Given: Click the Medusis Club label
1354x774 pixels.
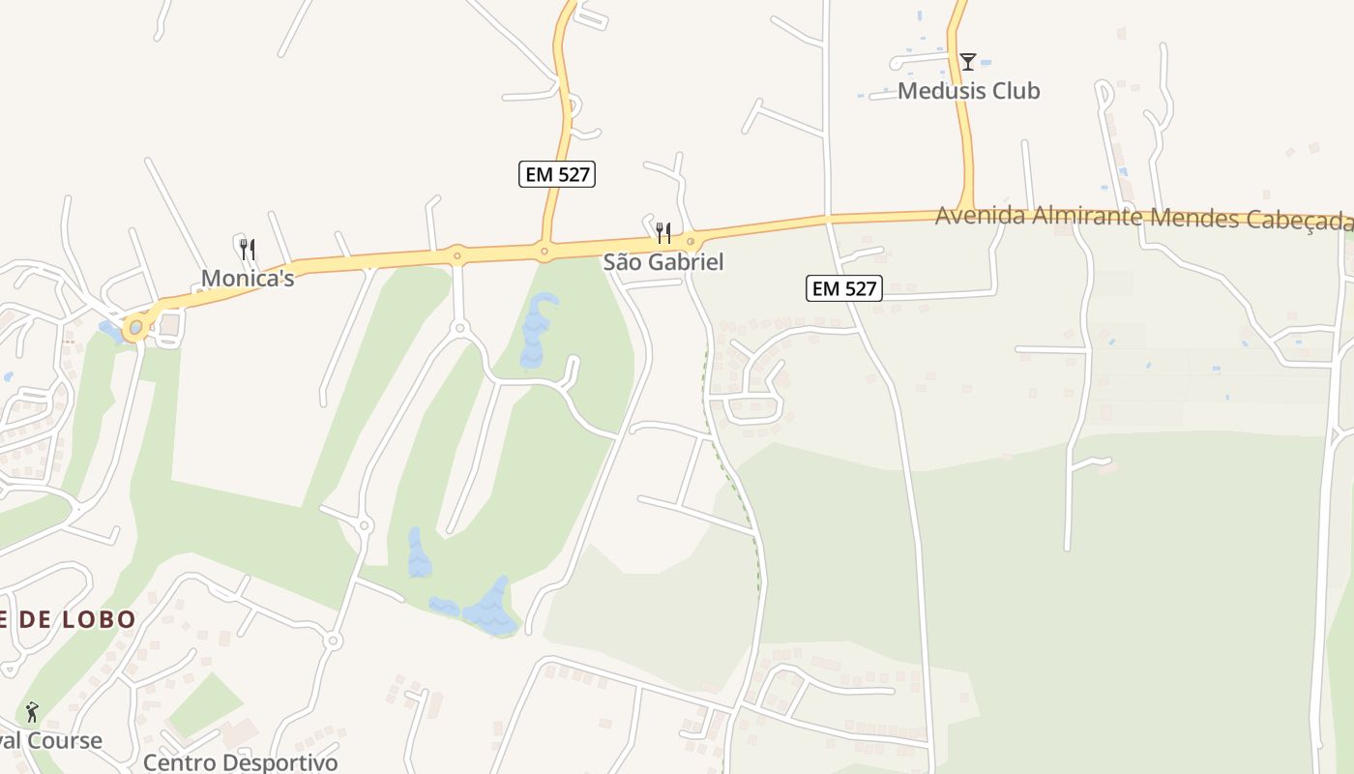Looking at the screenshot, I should point(968,91).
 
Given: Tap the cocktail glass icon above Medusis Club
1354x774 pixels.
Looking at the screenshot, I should point(967,62).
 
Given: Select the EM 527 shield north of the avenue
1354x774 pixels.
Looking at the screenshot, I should point(557,174).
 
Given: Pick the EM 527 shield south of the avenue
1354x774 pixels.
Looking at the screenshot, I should point(844,288).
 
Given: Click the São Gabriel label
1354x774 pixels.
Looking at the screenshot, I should point(663,262).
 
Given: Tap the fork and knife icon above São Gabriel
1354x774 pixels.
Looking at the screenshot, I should point(663,233).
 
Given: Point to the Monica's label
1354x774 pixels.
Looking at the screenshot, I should point(248,279).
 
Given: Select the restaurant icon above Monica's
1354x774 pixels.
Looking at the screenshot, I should point(248,250).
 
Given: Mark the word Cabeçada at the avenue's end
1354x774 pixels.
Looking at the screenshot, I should point(1301,221).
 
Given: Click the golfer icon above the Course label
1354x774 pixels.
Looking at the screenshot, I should point(32,713).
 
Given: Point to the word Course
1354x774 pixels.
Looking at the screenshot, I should point(64,741).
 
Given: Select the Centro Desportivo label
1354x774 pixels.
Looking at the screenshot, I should point(241,762).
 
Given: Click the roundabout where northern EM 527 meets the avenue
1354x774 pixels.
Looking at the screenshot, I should point(545,252).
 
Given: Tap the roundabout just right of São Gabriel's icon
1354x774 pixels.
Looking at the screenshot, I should point(691,241).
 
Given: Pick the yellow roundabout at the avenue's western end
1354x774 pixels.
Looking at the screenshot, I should point(135,327).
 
